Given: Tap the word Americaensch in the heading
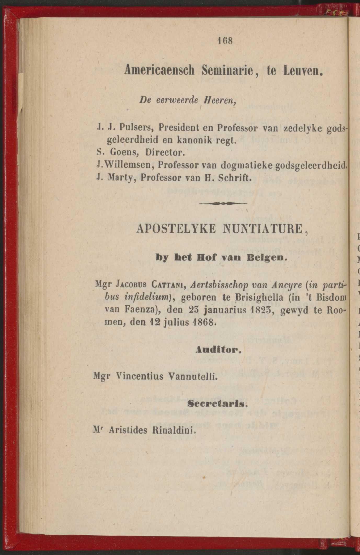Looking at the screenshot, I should pyautogui.click(x=161, y=71).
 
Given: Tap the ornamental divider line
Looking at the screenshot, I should pyautogui.click(x=223, y=203).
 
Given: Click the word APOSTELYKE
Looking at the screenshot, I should pyautogui.click(x=176, y=229).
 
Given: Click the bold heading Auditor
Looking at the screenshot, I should pyautogui.click(x=218, y=350).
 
